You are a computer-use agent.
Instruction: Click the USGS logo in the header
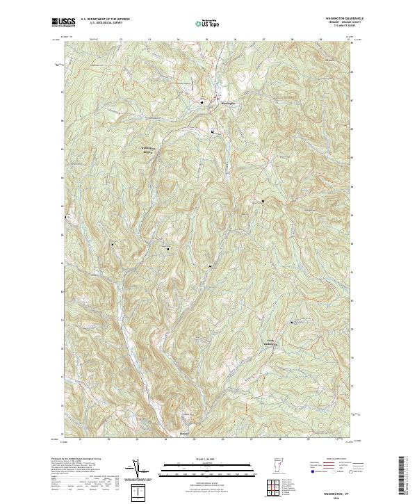pos(63,22)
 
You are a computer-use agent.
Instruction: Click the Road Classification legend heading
pos(327,460)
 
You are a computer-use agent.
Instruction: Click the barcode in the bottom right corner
pos(402,478)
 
